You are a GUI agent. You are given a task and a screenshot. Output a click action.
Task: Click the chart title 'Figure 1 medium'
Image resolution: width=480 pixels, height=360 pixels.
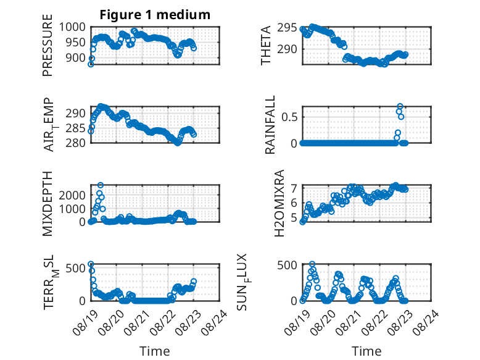click(x=155, y=15)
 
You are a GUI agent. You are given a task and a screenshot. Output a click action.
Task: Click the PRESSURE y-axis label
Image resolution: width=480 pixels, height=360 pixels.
click(x=48, y=45)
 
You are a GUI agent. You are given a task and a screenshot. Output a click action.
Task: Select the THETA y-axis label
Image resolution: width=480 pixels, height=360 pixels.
click(x=266, y=45)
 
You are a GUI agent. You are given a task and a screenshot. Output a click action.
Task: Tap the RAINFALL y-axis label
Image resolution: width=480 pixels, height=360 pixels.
click(x=270, y=125)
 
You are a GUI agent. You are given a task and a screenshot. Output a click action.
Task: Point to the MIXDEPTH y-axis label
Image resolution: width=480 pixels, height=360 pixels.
click(x=48, y=204)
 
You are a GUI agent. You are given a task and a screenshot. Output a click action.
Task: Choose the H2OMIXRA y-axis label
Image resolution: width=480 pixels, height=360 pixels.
click(x=279, y=203)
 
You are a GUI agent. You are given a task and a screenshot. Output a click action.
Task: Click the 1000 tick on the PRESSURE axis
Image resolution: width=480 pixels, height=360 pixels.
click(x=72, y=27)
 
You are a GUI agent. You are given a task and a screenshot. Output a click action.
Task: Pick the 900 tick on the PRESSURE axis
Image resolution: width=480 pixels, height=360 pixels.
click(x=76, y=57)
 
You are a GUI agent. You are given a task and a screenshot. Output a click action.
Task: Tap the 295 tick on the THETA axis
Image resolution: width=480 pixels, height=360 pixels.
click(x=287, y=28)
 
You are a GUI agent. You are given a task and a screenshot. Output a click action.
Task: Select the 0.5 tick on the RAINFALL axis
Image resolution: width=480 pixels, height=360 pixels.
click(x=289, y=117)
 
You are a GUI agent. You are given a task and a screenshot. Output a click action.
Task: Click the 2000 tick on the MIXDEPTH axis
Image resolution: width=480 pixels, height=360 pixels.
click(x=72, y=195)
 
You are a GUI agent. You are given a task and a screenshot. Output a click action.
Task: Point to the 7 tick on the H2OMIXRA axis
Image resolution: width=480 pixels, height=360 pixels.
click(x=294, y=188)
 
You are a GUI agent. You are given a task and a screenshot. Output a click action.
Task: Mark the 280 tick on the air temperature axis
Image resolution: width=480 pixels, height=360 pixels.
click(x=76, y=143)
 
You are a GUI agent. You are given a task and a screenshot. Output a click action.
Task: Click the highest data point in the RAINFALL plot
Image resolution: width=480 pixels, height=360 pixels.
click(x=400, y=106)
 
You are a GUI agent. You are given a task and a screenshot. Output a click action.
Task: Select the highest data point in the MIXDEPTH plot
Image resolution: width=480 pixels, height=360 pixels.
click(x=101, y=185)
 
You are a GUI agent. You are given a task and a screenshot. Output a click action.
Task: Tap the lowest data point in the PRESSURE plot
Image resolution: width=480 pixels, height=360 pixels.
click(x=91, y=64)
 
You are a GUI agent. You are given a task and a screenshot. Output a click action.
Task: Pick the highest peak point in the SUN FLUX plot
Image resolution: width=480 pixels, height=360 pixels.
click(x=312, y=264)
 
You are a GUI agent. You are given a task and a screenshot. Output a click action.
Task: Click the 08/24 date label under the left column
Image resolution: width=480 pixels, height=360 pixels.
click(x=215, y=322)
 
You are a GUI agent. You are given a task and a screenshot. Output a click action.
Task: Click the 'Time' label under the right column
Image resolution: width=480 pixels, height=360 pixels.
click(x=366, y=351)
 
